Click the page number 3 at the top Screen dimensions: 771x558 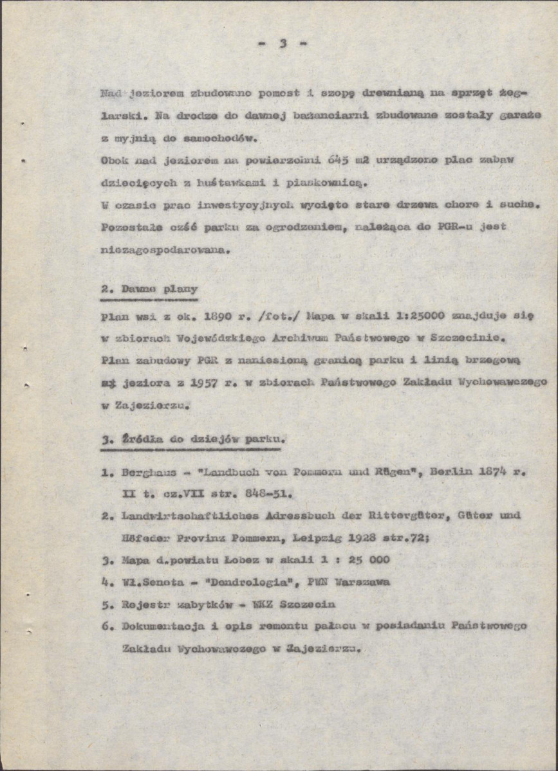point(282,44)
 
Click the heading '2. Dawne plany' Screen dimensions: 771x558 point(149,289)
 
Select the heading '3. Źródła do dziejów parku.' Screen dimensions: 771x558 point(193,440)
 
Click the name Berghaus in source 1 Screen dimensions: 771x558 point(146,473)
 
